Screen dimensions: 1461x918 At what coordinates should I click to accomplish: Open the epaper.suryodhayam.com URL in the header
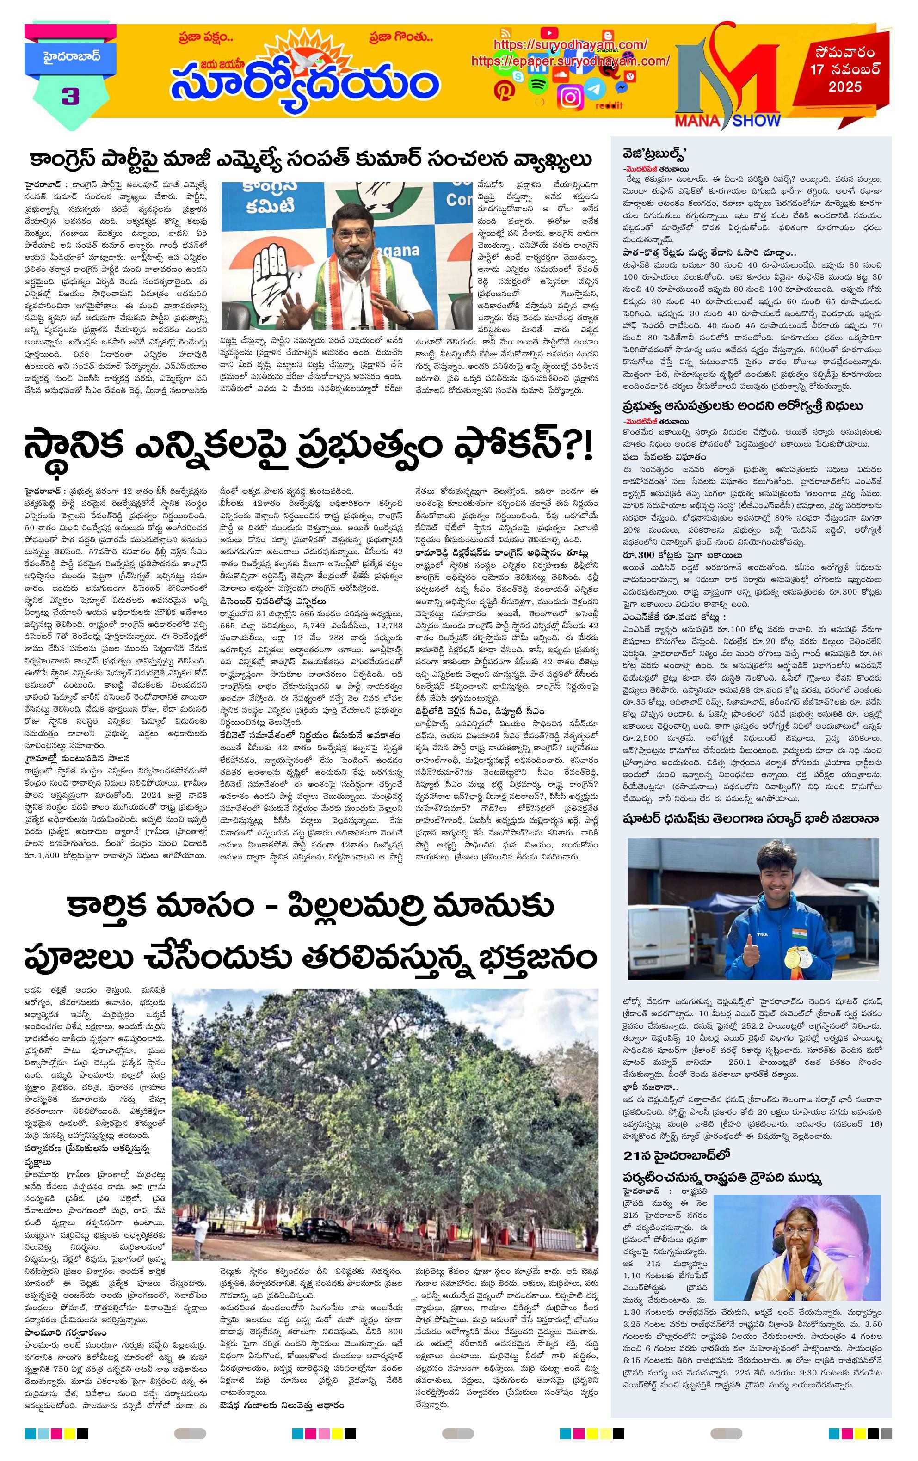(570, 61)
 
